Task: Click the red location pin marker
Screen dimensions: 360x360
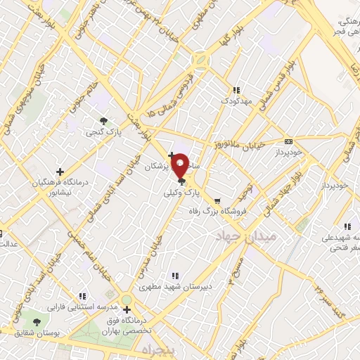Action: point(180,165)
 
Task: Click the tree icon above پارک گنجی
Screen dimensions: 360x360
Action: point(104,120)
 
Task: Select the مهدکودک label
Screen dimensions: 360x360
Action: point(236,101)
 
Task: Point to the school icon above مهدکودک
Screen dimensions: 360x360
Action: point(236,90)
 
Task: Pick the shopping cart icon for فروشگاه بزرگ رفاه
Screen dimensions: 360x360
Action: point(217,200)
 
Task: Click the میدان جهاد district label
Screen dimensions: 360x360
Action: point(247,236)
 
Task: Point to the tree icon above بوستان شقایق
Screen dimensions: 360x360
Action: point(37,322)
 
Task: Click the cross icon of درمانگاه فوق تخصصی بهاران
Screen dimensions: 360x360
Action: point(127,309)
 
